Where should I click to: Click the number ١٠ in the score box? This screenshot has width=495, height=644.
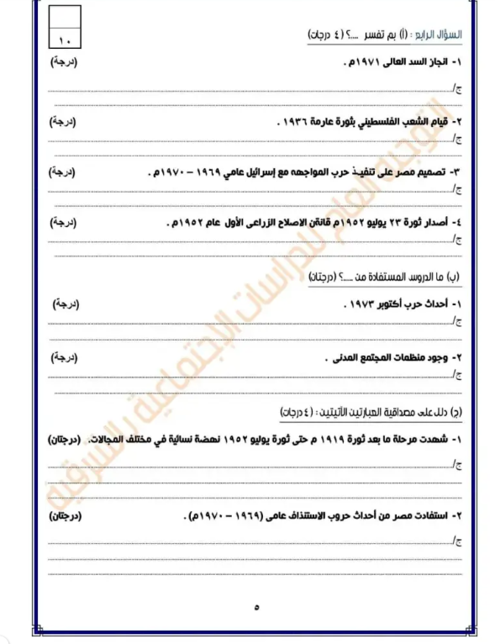[x=66, y=39]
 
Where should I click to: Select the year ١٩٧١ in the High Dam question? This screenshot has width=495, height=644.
[x=364, y=64]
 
